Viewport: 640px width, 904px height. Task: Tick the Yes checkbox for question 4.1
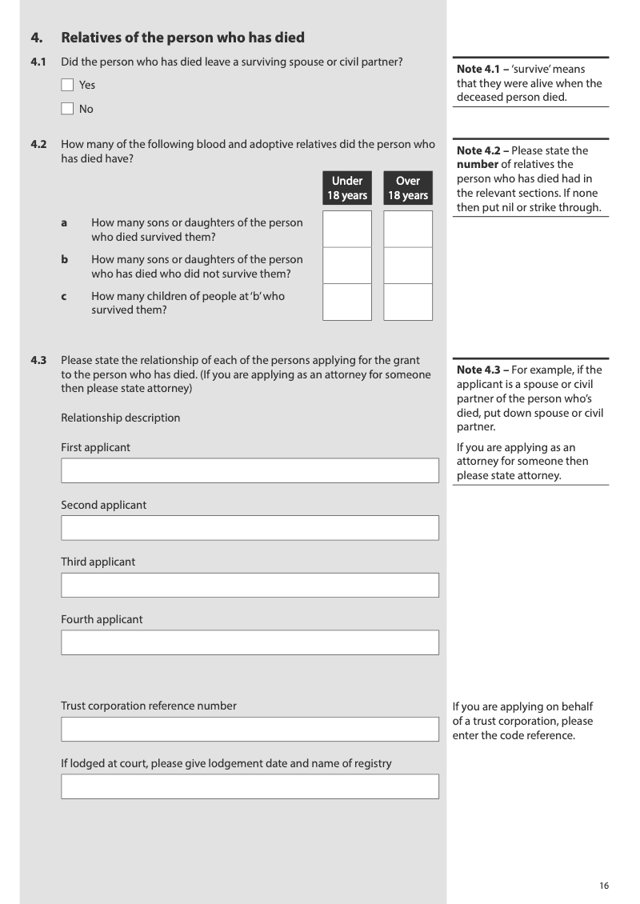(67, 85)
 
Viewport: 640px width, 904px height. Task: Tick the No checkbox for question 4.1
(67, 109)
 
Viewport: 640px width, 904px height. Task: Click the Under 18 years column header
(347, 188)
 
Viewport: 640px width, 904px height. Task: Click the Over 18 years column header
(408, 188)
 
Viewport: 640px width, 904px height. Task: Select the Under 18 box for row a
(347, 229)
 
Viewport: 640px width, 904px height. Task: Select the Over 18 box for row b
(408, 266)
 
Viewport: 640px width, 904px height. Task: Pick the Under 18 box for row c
(347, 302)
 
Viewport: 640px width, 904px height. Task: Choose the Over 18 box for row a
(408, 229)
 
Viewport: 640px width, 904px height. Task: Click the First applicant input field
(250, 470)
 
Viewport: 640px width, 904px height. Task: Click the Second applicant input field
(250, 528)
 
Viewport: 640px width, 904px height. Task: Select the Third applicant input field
(250, 585)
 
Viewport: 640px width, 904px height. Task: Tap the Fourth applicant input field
(250, 642)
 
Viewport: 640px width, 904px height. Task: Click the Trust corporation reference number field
(250, 729)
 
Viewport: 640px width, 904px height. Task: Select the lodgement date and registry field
(250, 786)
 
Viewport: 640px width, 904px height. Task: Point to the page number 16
(604, 886)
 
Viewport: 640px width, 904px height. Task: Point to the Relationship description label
(121, 418)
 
